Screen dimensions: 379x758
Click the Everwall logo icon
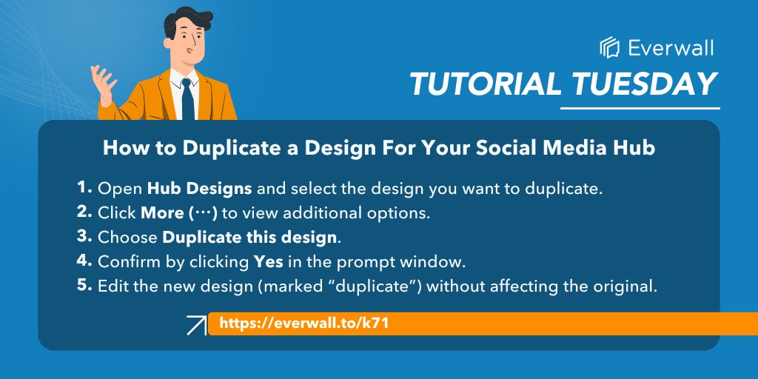[x=609, y=47]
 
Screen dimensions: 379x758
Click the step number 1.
[x=82, y=187]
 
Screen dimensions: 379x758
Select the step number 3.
[x=82, y=237]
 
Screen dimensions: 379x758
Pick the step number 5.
[x=82, y=286]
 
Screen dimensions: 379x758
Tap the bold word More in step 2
[x=161, y=213]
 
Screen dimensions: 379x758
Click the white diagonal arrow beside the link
[x=196, y=325]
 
